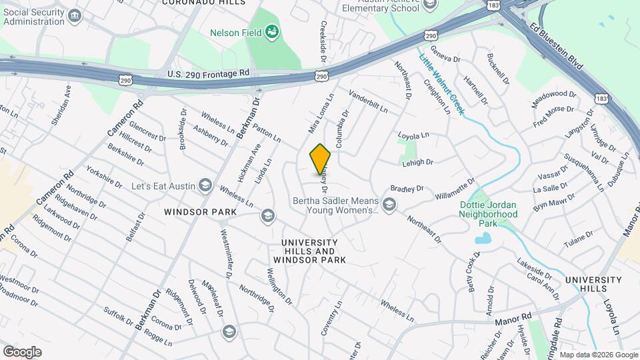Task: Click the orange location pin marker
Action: click(320, 159)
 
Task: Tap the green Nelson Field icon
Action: click(271, 31)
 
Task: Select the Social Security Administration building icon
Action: click(75, 15)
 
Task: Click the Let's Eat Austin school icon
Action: click(206, 185)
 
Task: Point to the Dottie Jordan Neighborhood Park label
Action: click(488, 215)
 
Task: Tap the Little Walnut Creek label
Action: click(441, 84)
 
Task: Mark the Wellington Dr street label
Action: click(279, 285)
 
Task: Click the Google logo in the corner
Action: click(22, 352)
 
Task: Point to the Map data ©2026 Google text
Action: click(598, 355)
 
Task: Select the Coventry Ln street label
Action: click(331, 317)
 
